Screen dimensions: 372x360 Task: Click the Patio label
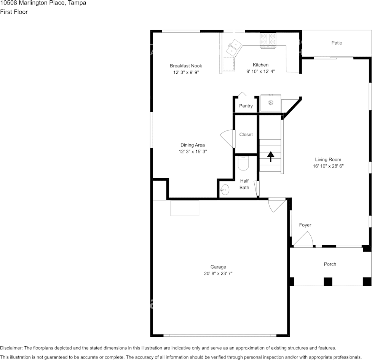tap(337, 43)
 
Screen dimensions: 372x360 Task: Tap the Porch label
tap(330, 264)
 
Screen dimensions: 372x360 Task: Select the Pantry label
tap(246, 106)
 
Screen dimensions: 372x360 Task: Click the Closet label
tap(246, 134)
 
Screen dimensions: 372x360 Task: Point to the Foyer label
tap(305, 225)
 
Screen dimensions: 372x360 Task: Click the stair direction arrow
tap(271, 157)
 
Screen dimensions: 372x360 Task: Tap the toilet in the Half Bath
tap(243, 163)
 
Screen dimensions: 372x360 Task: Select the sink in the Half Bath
tap(224, 190)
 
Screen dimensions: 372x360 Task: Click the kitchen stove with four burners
tap(268, 40)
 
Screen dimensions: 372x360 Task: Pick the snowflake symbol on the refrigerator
tap(271, 103)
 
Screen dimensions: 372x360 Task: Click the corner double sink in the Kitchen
tap(234, 47)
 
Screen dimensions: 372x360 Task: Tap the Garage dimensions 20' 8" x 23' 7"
tap(218, 274)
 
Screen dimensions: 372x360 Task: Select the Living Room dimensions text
tap(328, 166)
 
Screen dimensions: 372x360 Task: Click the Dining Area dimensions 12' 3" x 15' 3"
tap(193, 151)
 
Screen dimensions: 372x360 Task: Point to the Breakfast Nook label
tap(186, 66)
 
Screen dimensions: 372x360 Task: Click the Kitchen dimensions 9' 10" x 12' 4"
tap(260, 72)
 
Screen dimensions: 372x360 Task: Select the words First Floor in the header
tap(14, 12)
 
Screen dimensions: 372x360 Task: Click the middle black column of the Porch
tap(328, 282)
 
